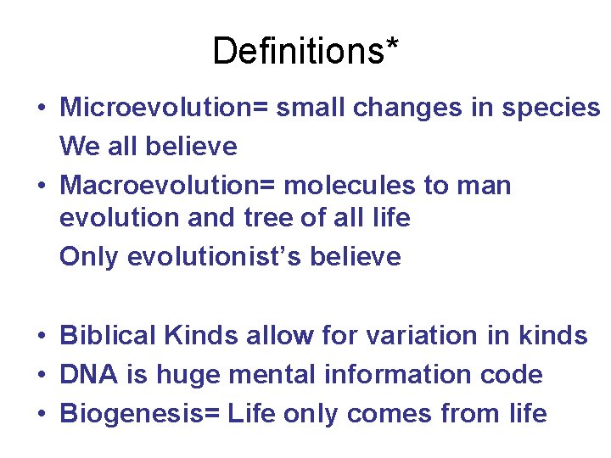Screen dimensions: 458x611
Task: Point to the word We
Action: (x=81, y=147)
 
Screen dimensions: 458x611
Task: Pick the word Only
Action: (x=89, y=257)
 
